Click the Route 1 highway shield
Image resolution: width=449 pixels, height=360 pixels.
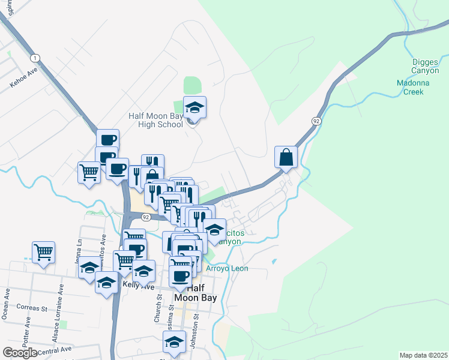(36, 58)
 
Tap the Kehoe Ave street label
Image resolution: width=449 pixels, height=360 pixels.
(23, 77)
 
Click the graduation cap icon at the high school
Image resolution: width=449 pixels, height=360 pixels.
(194, 107)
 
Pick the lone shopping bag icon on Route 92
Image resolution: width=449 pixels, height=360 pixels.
(286, 157)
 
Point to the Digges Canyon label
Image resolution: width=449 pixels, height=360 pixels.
(429, 66)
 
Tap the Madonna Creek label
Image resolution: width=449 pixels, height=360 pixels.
(410, 88)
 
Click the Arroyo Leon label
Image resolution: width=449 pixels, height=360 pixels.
(227, 268)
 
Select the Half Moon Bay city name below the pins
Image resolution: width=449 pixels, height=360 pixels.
(194, 292)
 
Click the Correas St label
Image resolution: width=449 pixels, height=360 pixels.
(32, 308)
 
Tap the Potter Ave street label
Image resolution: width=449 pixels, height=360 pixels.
(26, 328)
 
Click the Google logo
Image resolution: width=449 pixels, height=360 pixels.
(20, 353)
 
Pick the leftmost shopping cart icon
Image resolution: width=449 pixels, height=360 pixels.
(43, 252)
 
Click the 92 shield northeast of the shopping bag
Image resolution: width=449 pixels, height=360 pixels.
(316, 121)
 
